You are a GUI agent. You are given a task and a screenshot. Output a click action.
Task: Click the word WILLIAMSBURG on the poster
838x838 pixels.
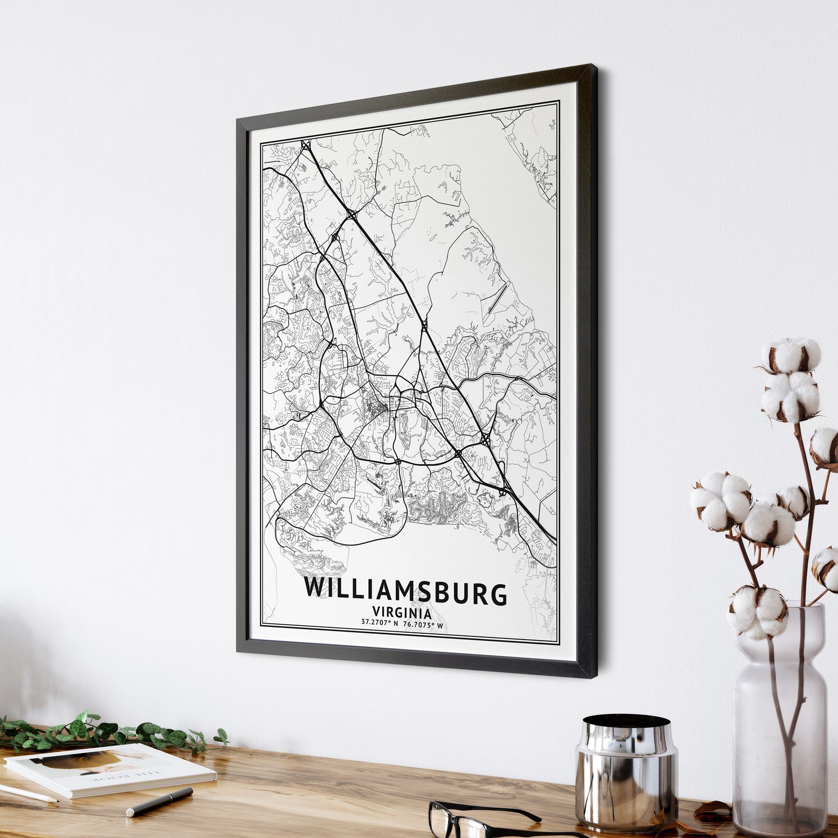[405, 592]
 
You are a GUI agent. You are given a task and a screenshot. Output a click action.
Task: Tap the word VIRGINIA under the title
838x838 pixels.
[402, 613]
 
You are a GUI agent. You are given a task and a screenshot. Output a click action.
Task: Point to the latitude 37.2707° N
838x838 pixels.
[379, 624]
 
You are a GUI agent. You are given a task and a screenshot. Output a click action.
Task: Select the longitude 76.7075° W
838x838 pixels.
[423, 625]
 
